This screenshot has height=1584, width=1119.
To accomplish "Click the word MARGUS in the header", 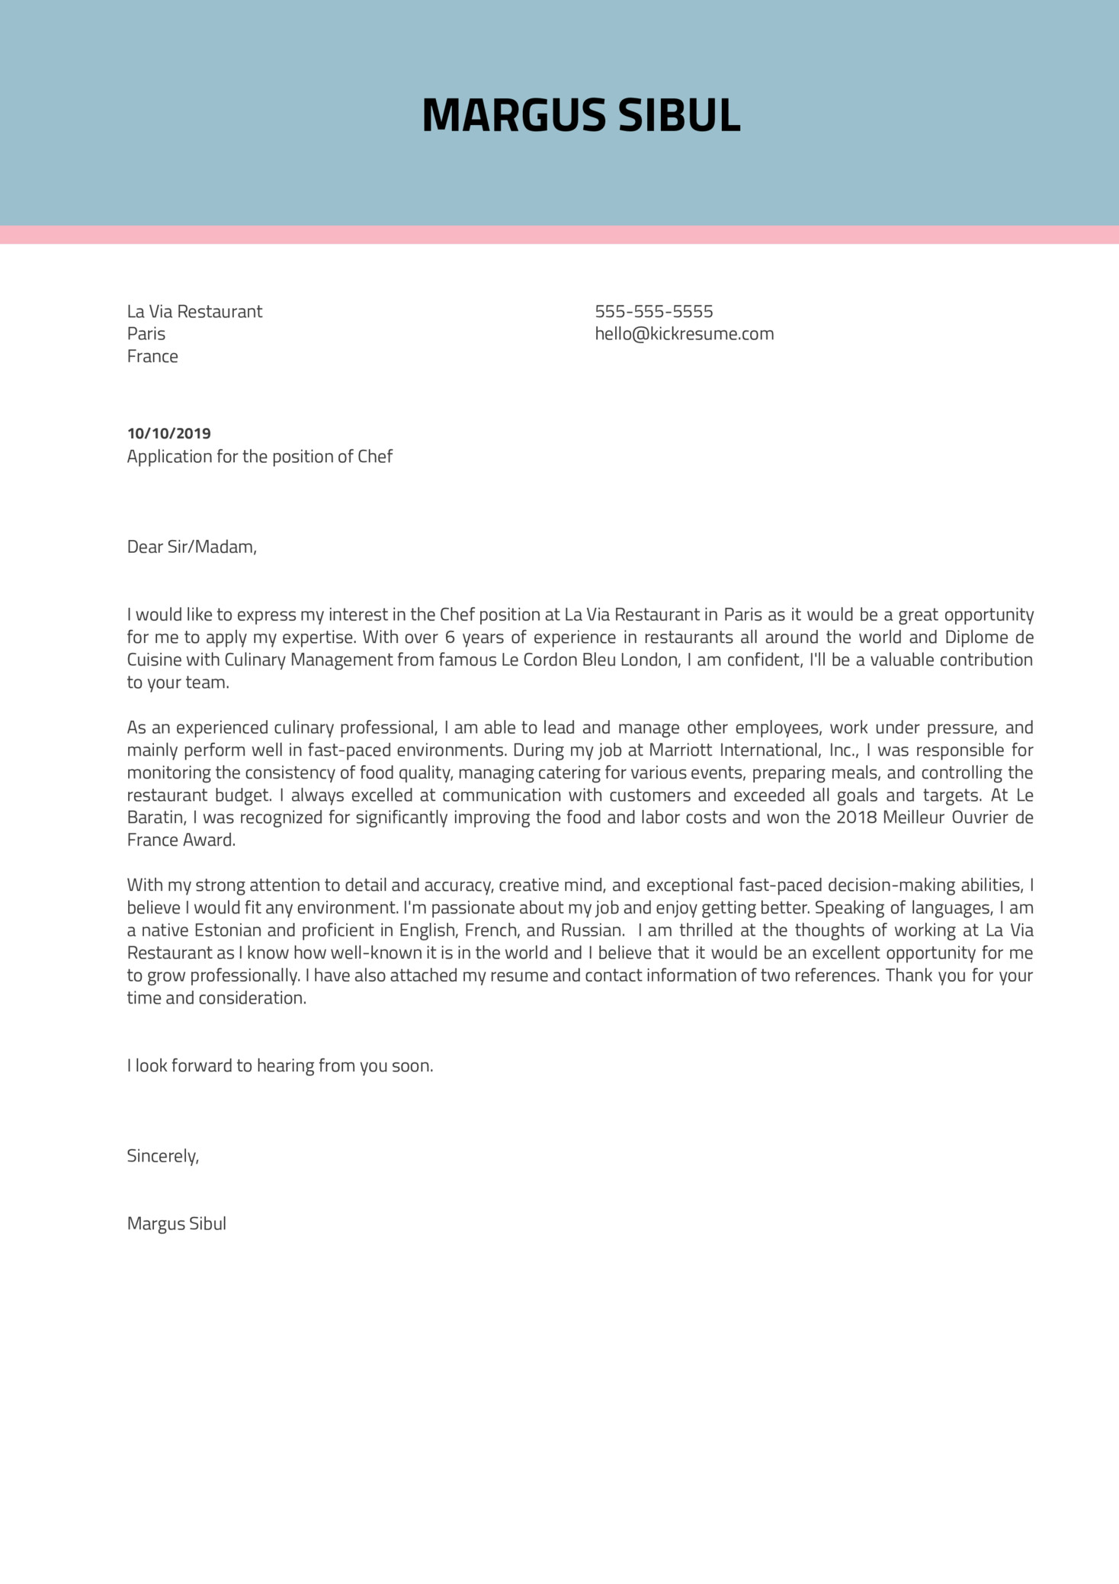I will click(513, 116).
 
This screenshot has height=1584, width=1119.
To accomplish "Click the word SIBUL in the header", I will click(678, 116).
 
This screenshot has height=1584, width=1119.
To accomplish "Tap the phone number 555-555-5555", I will click(653, 311).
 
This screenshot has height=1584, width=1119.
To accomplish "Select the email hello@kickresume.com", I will click(684, 333).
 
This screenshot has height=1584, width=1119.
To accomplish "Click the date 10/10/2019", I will click(168, 433).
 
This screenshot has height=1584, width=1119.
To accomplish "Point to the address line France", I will click(152, 356).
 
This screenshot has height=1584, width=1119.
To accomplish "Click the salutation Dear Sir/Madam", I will click(191, 547).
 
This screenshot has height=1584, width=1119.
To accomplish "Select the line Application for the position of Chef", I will click(259, 456).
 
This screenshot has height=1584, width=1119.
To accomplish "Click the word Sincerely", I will click(162, 1155).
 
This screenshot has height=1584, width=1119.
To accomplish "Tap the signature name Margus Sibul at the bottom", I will click(176, 1223).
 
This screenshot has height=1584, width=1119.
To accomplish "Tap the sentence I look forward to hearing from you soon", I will click(280, 1065).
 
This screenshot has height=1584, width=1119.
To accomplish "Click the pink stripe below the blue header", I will click(559, 235).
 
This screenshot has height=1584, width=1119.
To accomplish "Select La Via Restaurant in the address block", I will click(194, 311).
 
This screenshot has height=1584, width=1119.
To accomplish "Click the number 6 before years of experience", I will click(450, 637).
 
